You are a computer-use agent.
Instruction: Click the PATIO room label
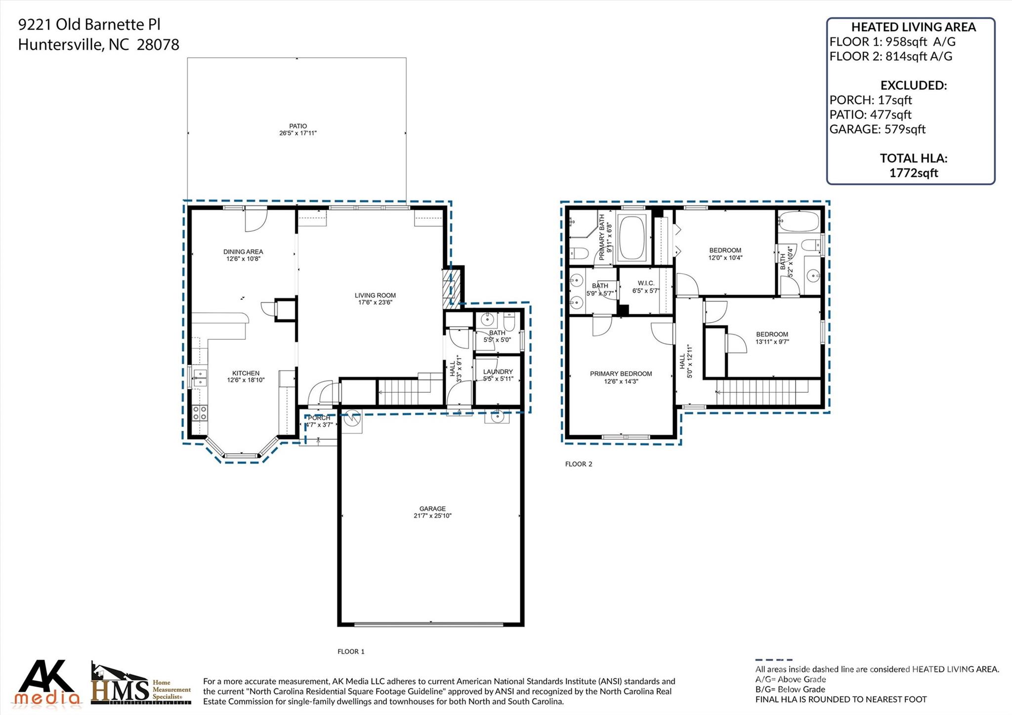[x=298, y=126]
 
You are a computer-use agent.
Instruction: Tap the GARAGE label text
[x=432, y=508]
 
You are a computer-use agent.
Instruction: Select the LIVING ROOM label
[x=375, y=295]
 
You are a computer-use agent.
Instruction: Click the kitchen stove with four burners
[x=200, y=413]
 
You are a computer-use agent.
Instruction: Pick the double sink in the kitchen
[x=200, y=377]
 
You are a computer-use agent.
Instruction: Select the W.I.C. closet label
[x=646, y=283]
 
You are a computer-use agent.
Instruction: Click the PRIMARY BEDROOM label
[x=621, y=374]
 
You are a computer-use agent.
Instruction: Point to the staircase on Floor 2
[x=762, y=392]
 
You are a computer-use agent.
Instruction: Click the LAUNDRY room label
[x=498, y=372]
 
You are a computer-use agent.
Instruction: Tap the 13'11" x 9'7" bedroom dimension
[x=772, y=341]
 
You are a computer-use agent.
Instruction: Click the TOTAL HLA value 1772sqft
[x=913, y=173]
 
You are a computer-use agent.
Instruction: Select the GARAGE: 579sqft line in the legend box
[x=877, y=129]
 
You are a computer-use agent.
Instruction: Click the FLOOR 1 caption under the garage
[x=351, y=651]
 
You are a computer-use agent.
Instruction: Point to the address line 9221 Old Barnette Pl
[x=89, y=25]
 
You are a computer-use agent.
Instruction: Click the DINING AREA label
[x=243, y=252]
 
